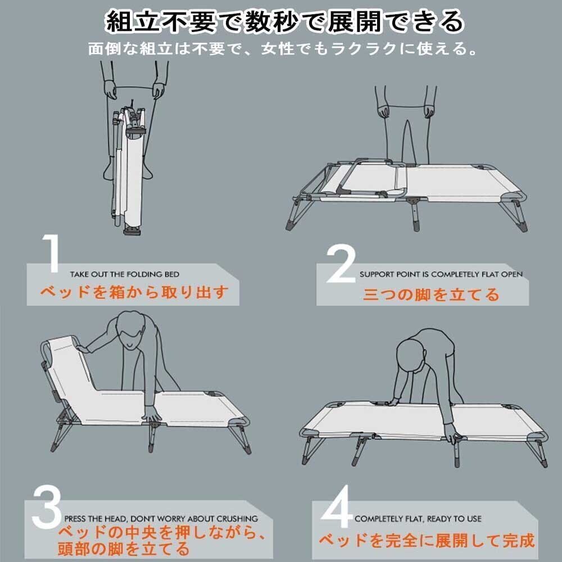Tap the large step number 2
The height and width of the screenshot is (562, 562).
(341, 264)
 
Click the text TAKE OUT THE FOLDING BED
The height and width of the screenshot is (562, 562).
(125, 275)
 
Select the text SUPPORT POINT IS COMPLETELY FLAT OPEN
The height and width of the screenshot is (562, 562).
(441, 275)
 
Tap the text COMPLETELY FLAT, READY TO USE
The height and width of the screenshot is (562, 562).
(418, 519)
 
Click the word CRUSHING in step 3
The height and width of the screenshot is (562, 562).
(237, 519)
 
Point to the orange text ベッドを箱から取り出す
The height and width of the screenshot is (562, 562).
(134, 292)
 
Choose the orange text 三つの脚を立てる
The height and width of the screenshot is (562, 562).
(431, 294)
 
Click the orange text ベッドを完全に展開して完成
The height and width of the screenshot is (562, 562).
(426, 541)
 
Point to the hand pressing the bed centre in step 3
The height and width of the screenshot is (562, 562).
(152, 416)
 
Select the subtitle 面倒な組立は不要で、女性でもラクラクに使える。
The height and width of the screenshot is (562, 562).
(283, 49)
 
